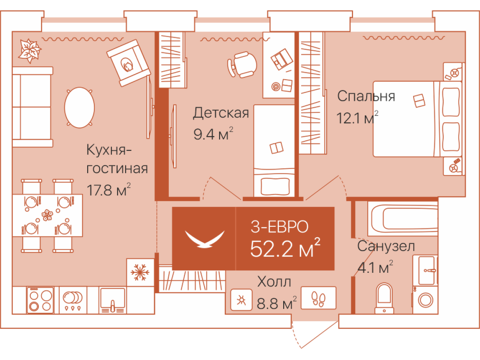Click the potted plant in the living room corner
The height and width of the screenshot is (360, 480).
click(x=30, y=50)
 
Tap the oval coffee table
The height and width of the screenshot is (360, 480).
click(x=80, y=108)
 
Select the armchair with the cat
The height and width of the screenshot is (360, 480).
click(x=128, y=63)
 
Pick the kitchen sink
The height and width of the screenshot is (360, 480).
click(x=112, y=300)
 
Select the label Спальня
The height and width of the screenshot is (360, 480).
click(x=366, y=96)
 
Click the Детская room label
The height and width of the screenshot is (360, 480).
click(x=221, y=113)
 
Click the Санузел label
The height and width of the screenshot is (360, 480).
click(x=386, y=246)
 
